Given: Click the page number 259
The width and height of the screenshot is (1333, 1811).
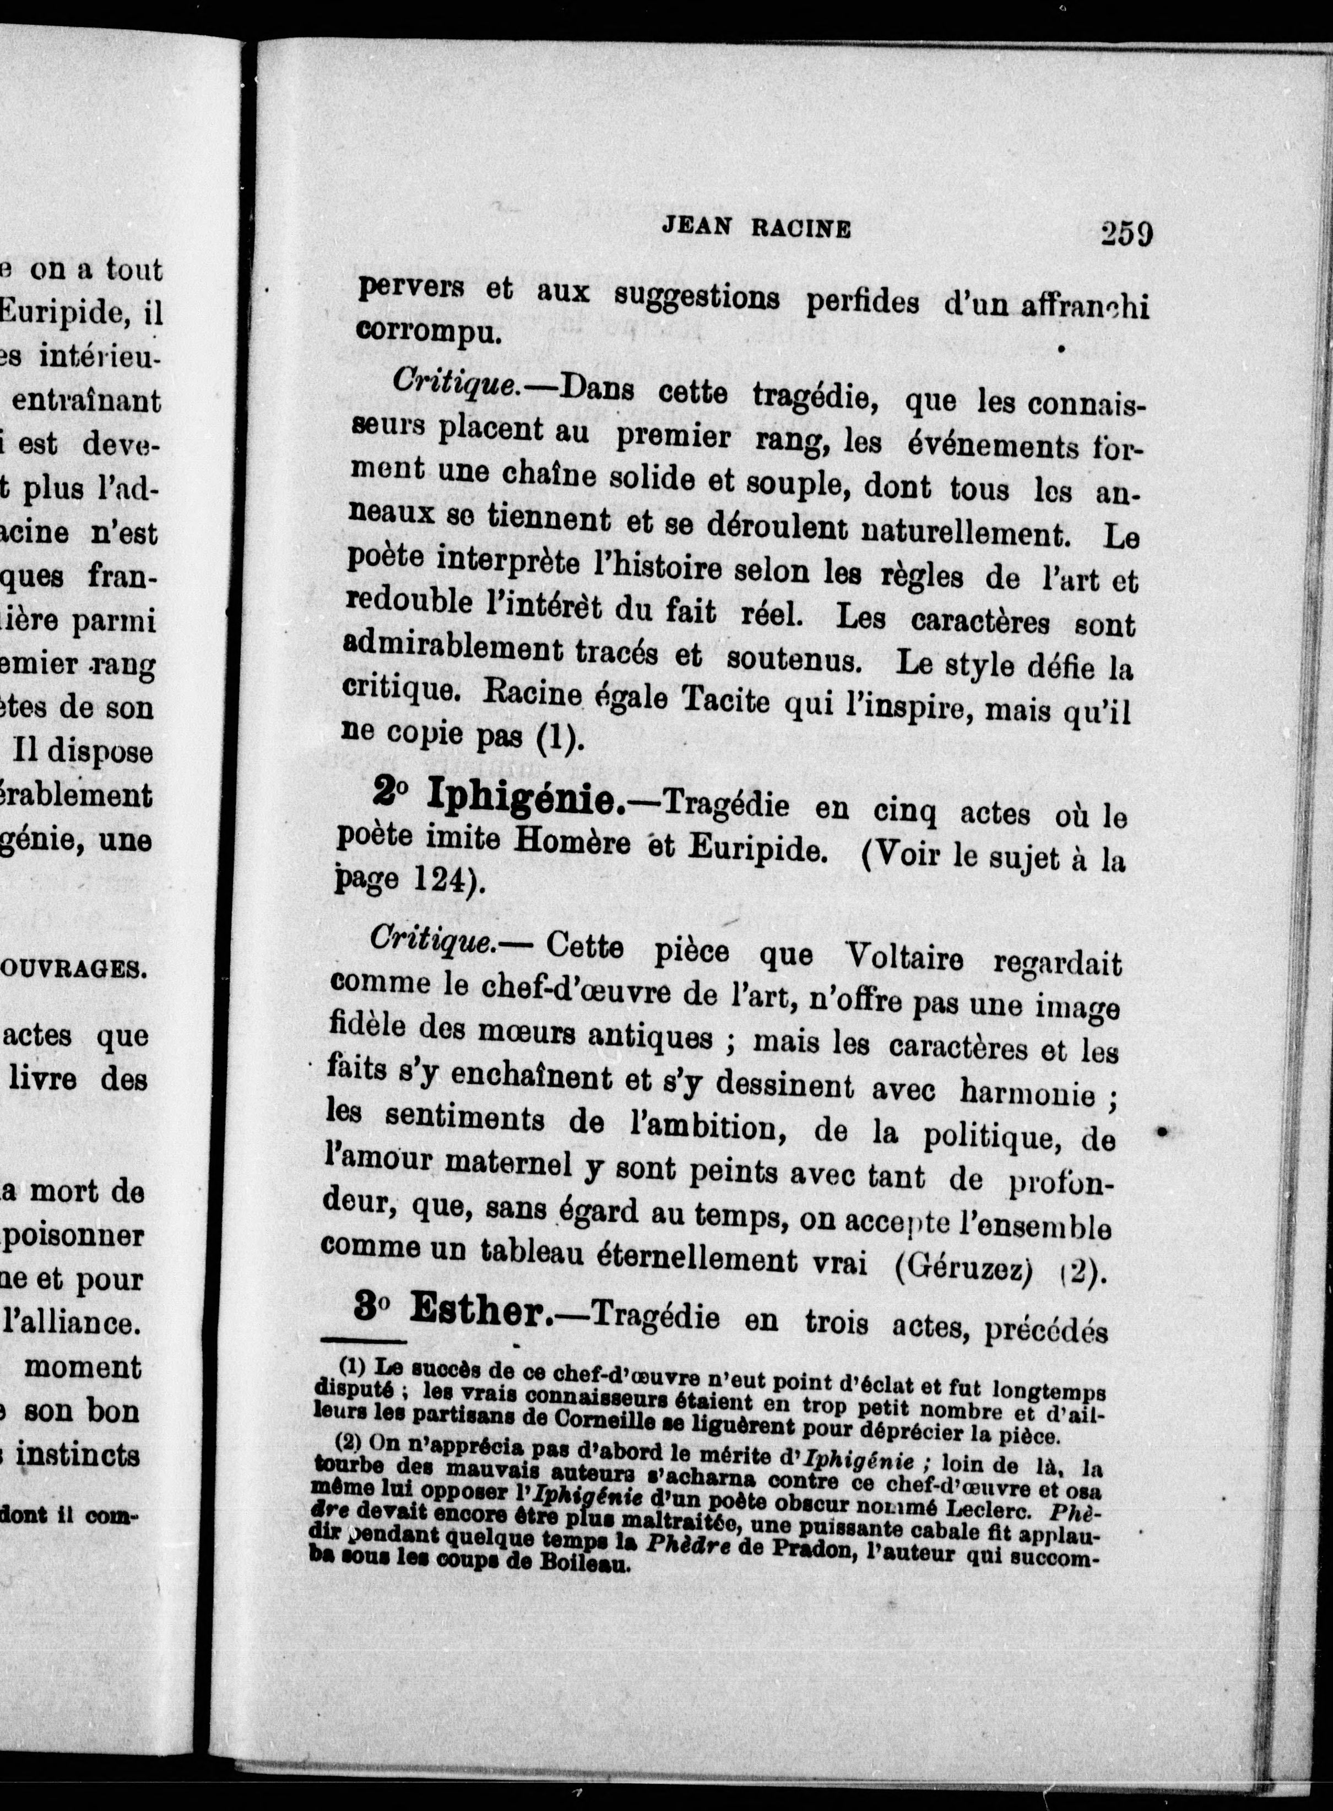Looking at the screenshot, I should [1126, 235].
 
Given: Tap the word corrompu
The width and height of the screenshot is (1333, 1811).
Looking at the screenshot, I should [429, 332].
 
